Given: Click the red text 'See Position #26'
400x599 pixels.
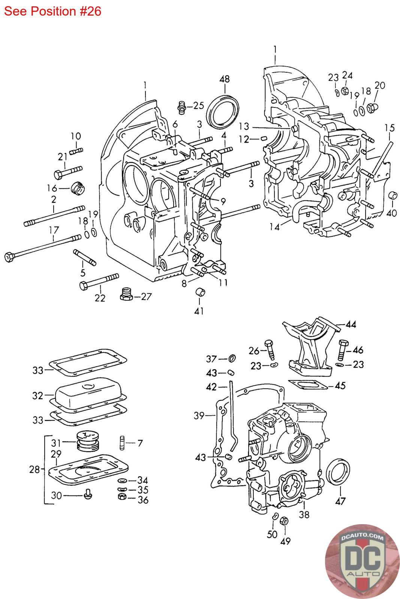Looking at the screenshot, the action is [52, 11].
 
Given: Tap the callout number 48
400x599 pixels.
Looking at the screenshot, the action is [225, 79].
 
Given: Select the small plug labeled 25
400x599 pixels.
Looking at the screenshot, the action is [182, 107].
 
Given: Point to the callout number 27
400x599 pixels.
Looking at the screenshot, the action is [146, 296].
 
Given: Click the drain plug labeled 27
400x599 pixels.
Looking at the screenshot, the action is [126, 294].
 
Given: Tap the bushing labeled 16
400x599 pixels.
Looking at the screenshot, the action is [78, 188].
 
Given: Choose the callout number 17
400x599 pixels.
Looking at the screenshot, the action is [54, 230].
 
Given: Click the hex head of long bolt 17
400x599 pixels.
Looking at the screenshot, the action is [9, 257].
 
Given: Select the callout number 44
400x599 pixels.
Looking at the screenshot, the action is [351, 324].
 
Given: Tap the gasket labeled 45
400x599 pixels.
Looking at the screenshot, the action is [308, 385].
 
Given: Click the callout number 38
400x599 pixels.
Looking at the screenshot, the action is [304, 514].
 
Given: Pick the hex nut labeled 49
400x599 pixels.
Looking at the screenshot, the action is [284, 521].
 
